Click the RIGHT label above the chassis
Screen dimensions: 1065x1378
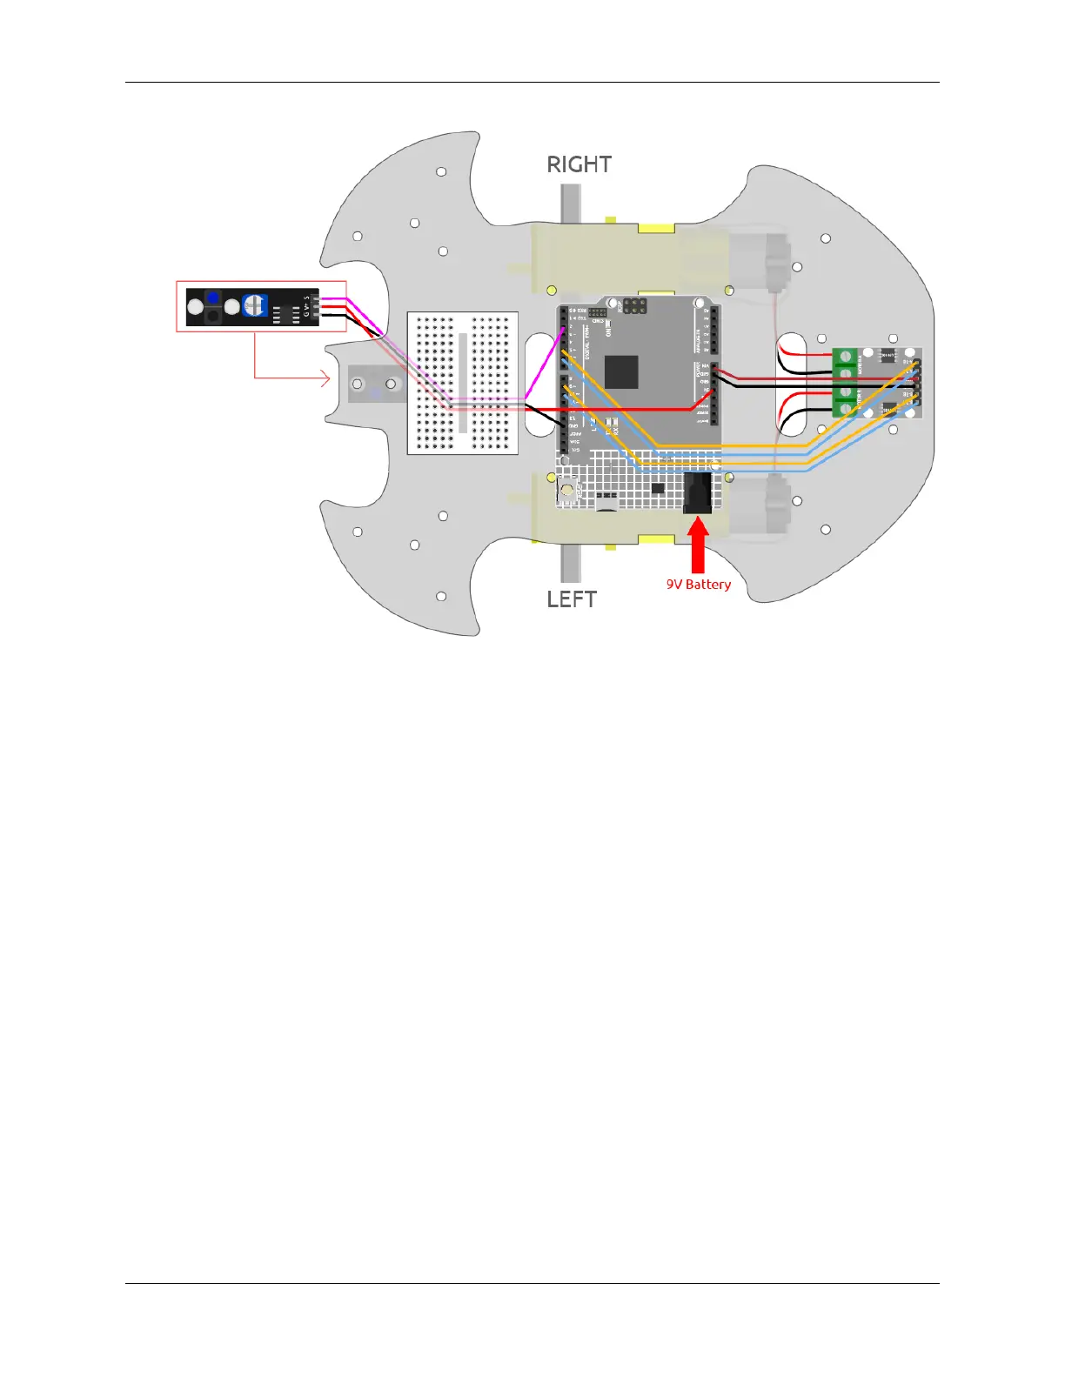579,164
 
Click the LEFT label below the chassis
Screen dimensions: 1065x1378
572,599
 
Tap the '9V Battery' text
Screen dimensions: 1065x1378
699,585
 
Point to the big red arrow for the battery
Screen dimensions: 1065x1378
698,544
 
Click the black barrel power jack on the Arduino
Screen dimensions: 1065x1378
698,493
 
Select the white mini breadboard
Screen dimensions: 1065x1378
463,383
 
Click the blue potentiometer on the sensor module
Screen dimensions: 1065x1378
255,305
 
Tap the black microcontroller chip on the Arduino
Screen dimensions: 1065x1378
621,372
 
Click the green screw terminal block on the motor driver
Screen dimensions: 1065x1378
845,383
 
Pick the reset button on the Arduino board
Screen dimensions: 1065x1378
567,490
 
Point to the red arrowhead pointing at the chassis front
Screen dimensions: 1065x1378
325,378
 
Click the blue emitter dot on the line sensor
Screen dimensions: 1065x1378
213,298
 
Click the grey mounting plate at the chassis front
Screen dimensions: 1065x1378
375,384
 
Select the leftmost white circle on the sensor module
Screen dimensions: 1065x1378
196,307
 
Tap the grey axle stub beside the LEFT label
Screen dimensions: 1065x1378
570,563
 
